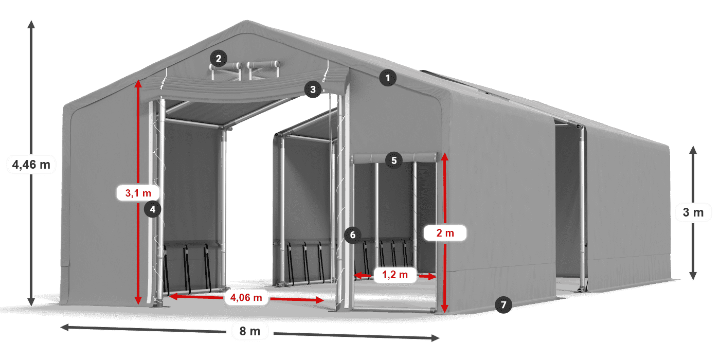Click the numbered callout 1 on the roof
(388, 78)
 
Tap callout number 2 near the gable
(219, 59)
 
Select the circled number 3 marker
(312, 89)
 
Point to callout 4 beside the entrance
(153, 209)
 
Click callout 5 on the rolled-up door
(393, 160)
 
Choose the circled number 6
(352, 235)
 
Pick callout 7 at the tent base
(503, 304)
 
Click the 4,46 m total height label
(31, 165)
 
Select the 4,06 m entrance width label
(246, 297)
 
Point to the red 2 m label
(445, 233)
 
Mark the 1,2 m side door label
(394, 275)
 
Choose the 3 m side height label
(693, 212)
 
